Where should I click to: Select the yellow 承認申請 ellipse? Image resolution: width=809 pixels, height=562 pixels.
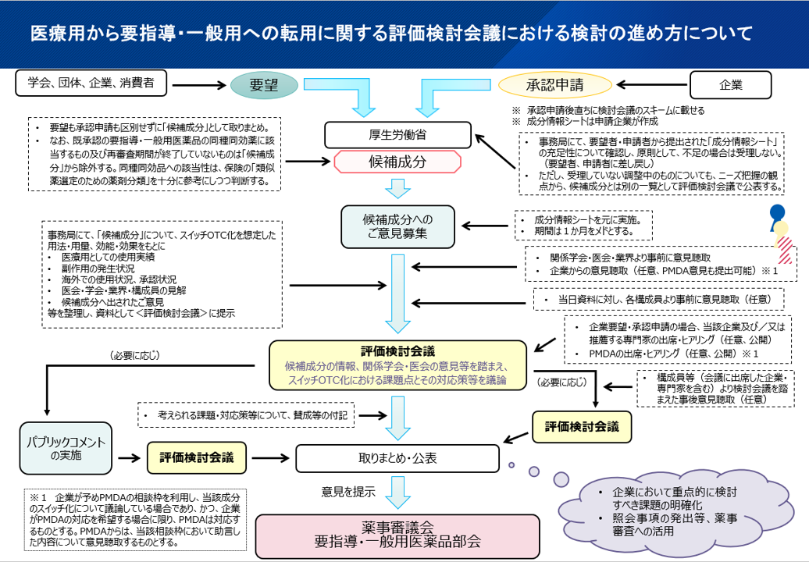(x=554, y=85)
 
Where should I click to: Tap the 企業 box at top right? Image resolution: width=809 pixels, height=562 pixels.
(x=730, y=85)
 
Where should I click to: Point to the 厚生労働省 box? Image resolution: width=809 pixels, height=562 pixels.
(x=397, y=134)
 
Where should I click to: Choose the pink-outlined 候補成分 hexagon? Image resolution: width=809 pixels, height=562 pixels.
(x=397, y=162)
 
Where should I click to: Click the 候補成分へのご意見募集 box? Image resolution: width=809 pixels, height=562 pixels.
(x=397, y=226)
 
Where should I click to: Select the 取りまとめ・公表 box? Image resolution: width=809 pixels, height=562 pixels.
(x=397, y=458)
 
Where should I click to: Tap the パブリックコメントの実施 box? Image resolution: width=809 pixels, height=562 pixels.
(x=66, y=448)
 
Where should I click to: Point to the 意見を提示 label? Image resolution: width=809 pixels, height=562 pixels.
(x=348, y=493)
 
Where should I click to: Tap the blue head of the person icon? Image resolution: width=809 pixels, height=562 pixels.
(x=777, y=212)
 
